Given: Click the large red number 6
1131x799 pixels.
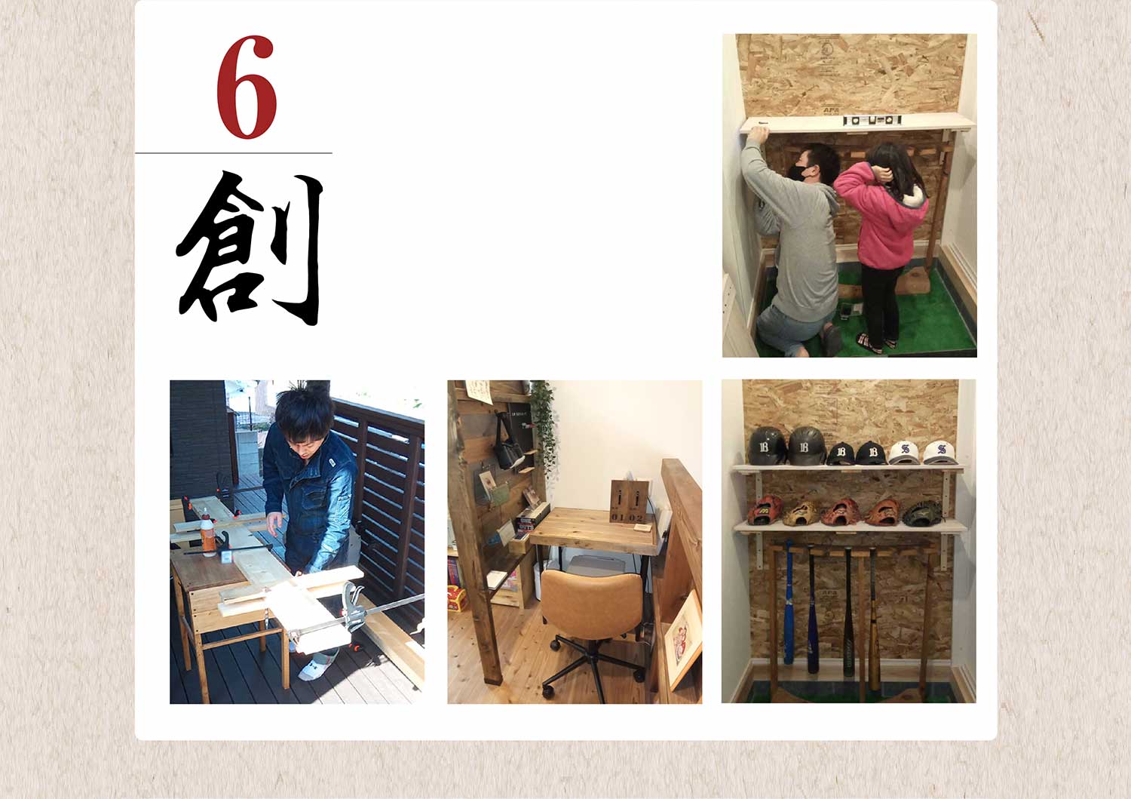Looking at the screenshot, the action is click(247, 87).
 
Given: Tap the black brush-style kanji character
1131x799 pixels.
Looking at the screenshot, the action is click(250, 247).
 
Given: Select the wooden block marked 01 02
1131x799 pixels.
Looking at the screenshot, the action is click(629, 501).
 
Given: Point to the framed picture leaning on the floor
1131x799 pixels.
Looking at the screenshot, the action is click(683, 640).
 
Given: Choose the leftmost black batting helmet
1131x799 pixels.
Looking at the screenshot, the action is click(767, 445).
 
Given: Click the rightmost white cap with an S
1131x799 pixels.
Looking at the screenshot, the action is click(939, 452).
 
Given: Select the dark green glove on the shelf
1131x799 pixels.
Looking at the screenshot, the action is click(922, 513).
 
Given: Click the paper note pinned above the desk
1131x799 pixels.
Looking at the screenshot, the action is click(478, 392).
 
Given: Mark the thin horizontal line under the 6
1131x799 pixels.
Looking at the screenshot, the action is click(234, 152).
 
